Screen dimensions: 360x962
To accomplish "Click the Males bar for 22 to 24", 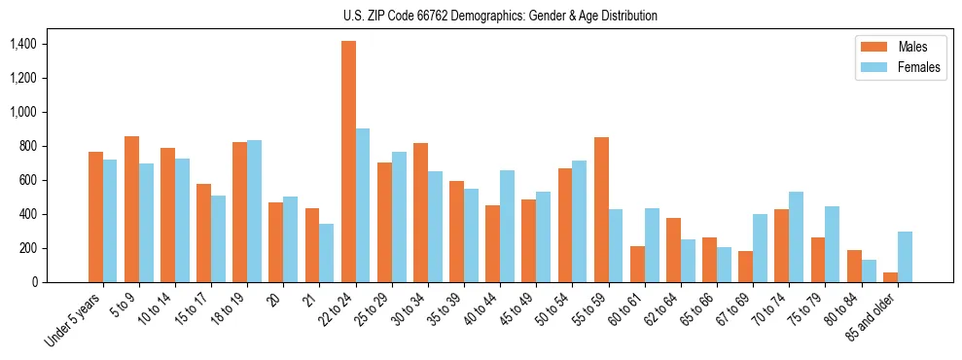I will (348, 162).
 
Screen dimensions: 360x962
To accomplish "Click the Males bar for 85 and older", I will (891, 277).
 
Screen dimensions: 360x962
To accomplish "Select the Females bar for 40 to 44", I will (508, 226).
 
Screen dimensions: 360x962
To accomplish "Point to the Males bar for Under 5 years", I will (95, 217).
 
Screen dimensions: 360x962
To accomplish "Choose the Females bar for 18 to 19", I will (254, 211).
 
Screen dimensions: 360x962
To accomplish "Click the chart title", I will (500, 16).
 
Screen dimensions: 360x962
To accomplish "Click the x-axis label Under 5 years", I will (74, 319).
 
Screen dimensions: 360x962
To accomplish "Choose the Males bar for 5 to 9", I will (131, 209).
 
